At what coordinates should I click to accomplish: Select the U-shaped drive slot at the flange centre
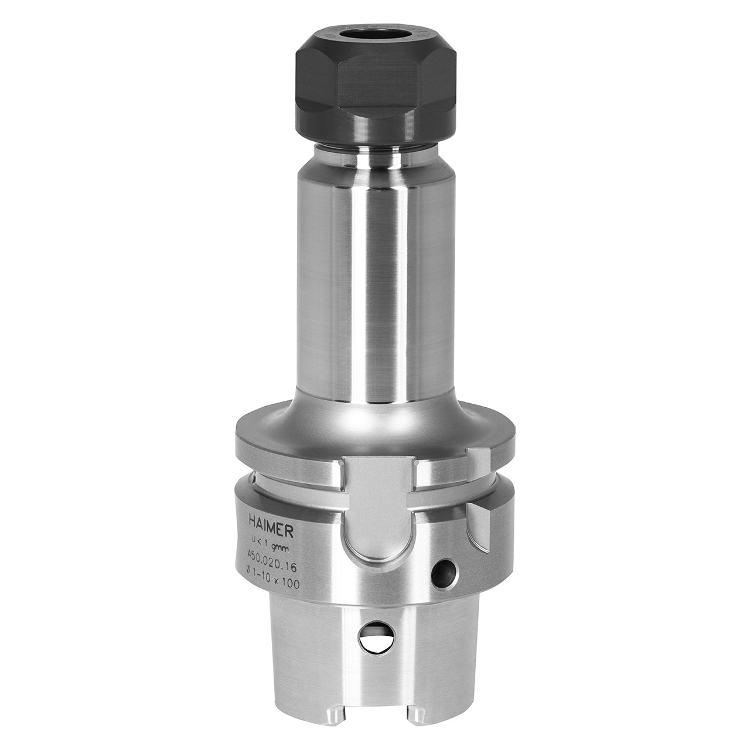(378, 516)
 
